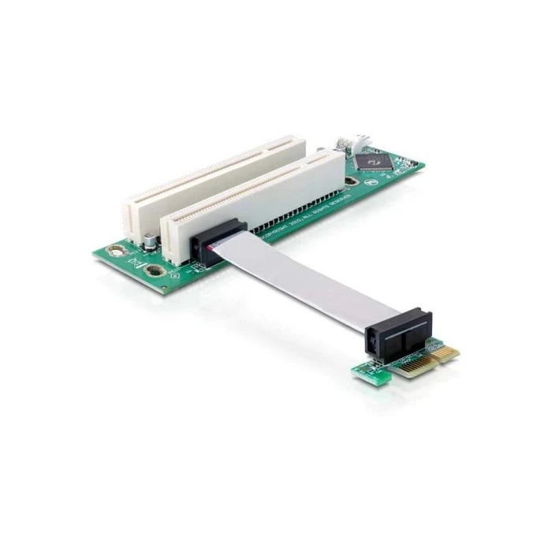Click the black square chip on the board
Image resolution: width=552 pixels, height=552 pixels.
tap(370, 161)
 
